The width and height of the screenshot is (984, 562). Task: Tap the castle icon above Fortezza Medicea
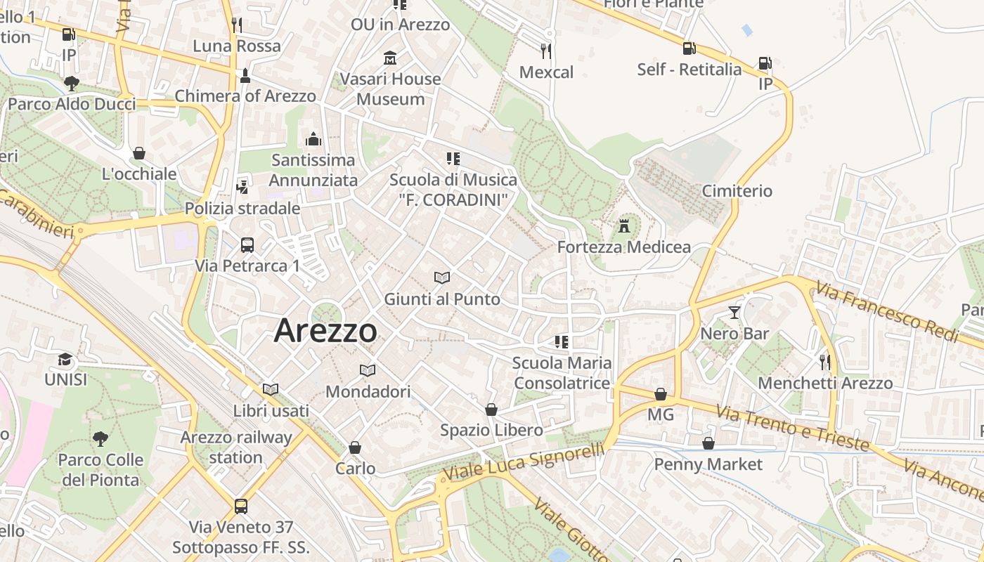(x=623, y=226)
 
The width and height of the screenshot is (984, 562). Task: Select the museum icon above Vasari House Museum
(x=390, y=58)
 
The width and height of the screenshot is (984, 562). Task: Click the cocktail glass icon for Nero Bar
(x=734, y=313)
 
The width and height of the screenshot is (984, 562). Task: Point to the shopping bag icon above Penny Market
(x=708, y=443)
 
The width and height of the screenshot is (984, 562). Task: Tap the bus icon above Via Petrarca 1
(x=247, y=245)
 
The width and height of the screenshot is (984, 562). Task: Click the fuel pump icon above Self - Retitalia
(x=689, y=48)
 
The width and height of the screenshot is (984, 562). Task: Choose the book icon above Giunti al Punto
(x=441, y=278)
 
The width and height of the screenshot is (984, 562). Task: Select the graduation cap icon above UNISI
(x=65, y=359)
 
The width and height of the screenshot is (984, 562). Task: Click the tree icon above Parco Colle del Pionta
(x=101, y=439)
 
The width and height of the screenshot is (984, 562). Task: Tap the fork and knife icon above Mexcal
(x=546, y=51)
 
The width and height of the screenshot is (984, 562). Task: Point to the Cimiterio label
(x=737, y=191)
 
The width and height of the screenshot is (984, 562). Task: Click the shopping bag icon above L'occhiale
(x=139, y=153)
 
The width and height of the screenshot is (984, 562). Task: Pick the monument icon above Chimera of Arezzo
(x=245, y=75)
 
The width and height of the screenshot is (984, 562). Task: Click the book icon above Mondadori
(x=367, y=370)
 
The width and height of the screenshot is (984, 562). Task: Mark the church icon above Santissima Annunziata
(x=313, y=139)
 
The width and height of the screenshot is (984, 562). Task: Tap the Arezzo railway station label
(x=235, y=447)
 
